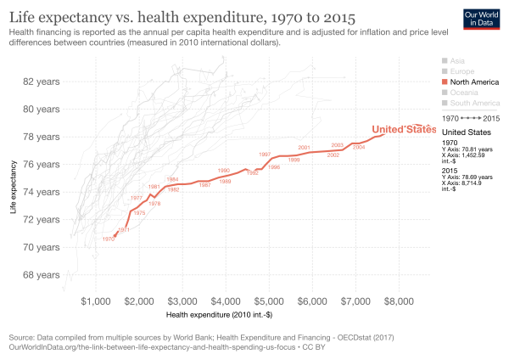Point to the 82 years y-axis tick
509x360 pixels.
[40, 82]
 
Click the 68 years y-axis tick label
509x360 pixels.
[40, 275]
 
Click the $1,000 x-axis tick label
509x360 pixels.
[95, 301]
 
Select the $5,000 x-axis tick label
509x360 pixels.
[269, 301]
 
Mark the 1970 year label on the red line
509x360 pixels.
[108, 239]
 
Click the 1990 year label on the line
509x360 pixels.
[224, 171]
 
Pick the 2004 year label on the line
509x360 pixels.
[359, 148]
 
